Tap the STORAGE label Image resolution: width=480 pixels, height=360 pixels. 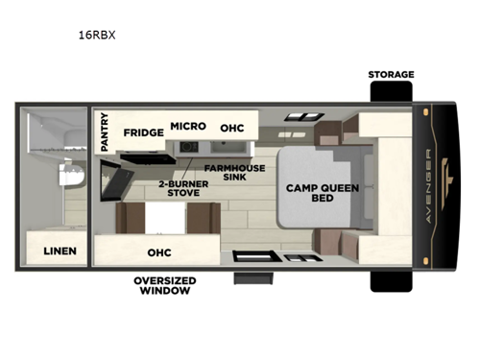tap(391, 74)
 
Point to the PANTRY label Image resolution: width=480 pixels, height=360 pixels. tap(105, 133)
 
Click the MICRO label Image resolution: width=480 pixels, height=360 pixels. tap(187, 126)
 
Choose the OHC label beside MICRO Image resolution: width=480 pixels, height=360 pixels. tap(231, 128)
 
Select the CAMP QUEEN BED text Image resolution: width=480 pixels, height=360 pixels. tap(322, 193)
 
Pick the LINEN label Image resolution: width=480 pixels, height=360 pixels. tap(60, 252)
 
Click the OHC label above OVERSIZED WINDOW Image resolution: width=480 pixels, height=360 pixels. tap(158, 252)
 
